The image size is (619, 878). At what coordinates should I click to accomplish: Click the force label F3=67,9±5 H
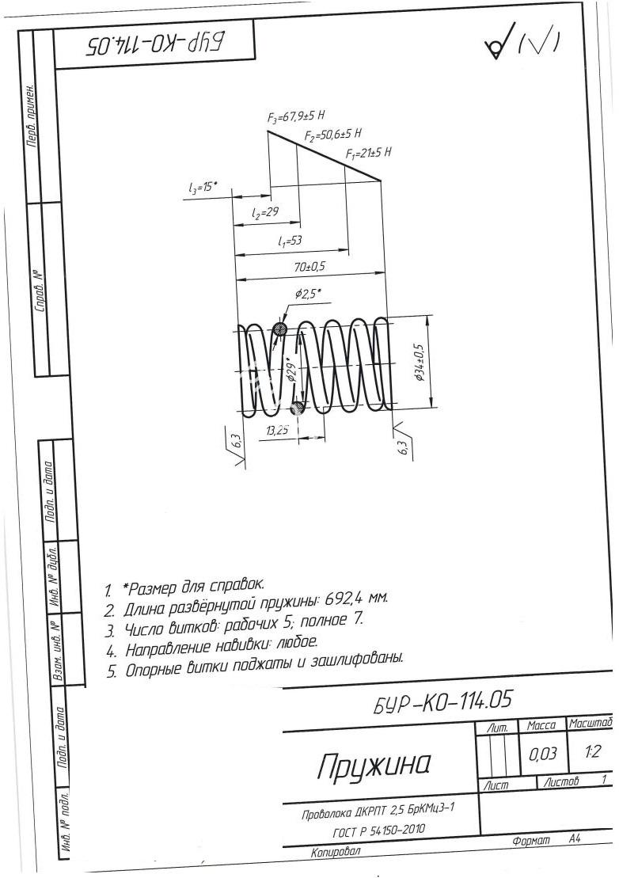[296, 116]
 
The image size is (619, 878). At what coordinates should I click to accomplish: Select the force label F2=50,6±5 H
[333, 135]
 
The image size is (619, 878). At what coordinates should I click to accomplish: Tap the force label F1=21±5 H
[368, 153]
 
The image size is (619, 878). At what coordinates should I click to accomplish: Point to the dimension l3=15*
[203, 188]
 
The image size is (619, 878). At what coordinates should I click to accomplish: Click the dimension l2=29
[265, 213]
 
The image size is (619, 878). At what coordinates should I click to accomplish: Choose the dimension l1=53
[290, 241]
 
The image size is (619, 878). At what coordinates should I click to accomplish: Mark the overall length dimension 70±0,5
[310, 267]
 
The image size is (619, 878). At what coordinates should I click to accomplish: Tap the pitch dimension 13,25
[278, 431]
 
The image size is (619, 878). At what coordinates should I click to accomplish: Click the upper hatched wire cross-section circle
[280, 329]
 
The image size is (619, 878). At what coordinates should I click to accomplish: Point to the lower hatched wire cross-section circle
[298, 407]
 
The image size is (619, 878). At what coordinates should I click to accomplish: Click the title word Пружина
[374, 765]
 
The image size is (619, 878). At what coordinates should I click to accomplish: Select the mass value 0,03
[543, 754]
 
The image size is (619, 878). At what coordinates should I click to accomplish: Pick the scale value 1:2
[591, 751]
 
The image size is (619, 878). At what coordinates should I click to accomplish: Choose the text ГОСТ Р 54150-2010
[378, 830]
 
